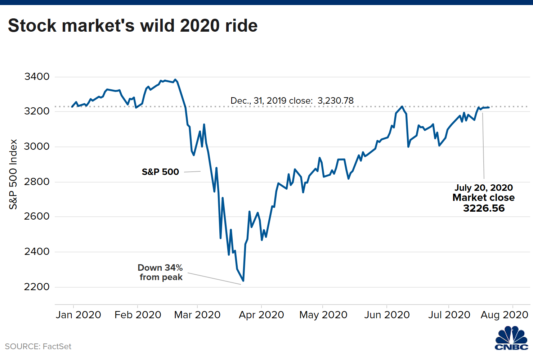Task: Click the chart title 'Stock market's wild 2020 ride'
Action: tap(133, 26)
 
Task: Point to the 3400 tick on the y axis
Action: tap(37, 77)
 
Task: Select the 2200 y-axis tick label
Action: tap(37, 287)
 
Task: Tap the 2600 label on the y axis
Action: tap(37, 216)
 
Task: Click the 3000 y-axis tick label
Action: tap(37, 147)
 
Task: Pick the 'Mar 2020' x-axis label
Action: tap(197, 315)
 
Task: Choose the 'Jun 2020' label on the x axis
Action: tap(387, 315)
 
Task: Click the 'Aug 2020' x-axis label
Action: tap(504, 315)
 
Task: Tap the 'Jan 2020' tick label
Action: tap(79, 315)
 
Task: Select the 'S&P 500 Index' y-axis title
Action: tap(13, 174)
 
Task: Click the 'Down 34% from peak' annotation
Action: tap(161, 273)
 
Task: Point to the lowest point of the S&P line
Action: tap(243, 281)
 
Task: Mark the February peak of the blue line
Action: tap(175, 80)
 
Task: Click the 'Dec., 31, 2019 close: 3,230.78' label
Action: tap(292, 101)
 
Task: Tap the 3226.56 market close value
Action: tap(484, 208)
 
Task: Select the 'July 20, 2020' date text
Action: tap(484, 188)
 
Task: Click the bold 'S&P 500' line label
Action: tap(160, 172)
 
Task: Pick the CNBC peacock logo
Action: tap(511, 338)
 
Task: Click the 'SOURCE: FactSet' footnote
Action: tap(38, 346)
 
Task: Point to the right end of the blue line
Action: tap(489, 107)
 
